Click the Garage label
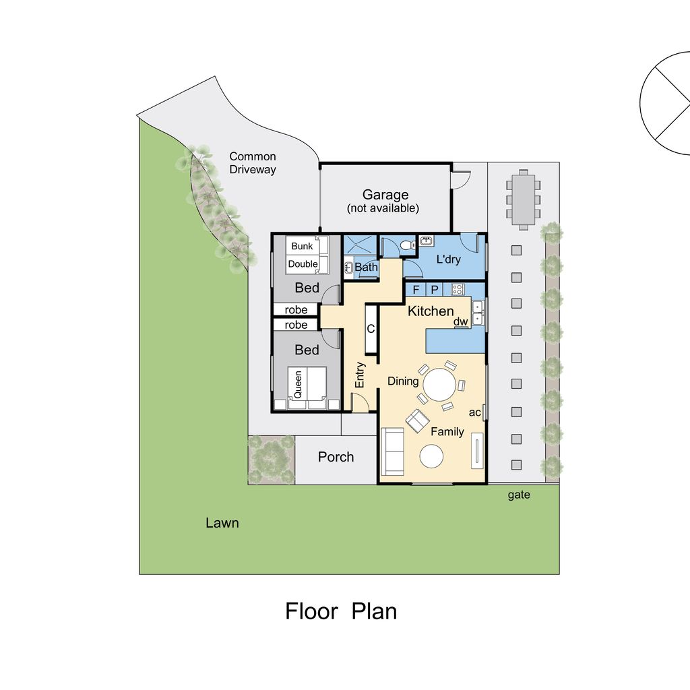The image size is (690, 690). (385, 195)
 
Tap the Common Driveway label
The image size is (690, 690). (253, 163)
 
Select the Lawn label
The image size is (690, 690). (222, 523)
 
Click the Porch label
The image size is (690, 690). (336, 457)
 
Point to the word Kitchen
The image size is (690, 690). (431, 311)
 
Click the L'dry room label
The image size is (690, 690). (448, 259)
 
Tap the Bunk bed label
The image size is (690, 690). (302, 246)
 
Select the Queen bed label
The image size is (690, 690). (298, 385)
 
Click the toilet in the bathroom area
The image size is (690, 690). (408, 245)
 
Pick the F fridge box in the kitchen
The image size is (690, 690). (416, 290)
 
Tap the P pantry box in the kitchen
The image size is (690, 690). (435, 290)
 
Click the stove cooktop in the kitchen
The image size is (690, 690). (458, 290)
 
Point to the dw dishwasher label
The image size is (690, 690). (460, 321)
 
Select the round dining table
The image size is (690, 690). (439, 384)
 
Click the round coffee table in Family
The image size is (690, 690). (431, 456)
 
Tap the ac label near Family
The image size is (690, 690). (474, 412)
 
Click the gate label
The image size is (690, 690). (519, 495)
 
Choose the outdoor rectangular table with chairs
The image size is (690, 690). (523, 199)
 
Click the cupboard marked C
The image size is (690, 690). (371, 329)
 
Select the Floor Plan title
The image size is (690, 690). (341, 611)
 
